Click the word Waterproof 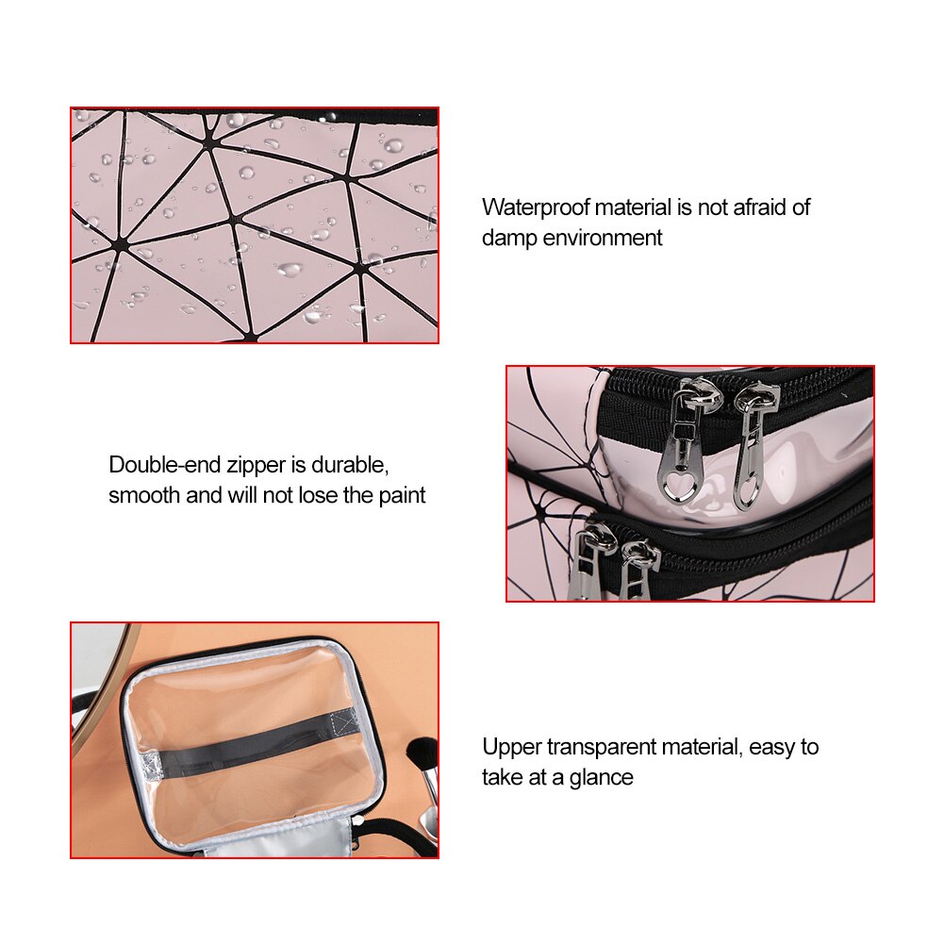pyautogui.click(x=536, y=207)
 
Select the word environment pyautogui.click(x=602, y=238)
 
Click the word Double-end pyautogui.click(x=164, y=465)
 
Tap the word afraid pyautogui.click(x=755, y=207)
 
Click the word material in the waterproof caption pyautogui.click(x=633, y=207)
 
